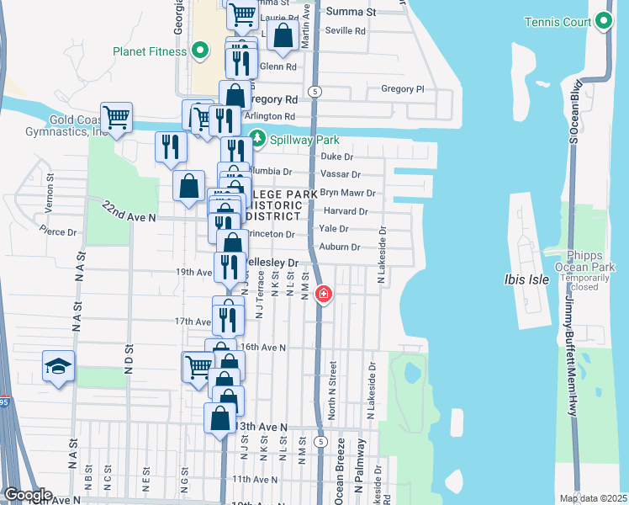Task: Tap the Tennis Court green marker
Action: click(x=605, y=22)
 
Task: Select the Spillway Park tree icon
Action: click(x=256, y=139)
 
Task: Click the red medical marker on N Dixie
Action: click(x=322, y=295)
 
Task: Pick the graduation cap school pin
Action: click(x=58, y=367)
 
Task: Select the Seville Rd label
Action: click(x=346, y=31)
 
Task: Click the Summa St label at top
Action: click(x=351, y=12)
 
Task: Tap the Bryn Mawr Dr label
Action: click(x=347, y=193)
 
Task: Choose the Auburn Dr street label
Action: click(x=340, y=247)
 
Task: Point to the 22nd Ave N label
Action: click(x=129, y=211)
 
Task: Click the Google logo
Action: click(x=27, y=495)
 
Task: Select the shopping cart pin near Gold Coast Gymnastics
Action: click(x=116, y=117)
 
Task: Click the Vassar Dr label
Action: click(x=341, y=174)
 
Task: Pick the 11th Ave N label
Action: click(x=254, y=479)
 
